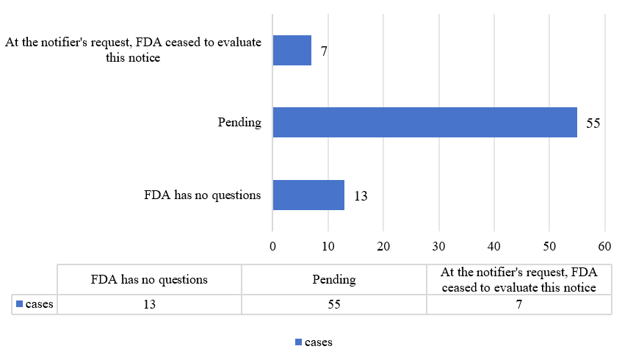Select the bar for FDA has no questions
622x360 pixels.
click(x=308, y=195)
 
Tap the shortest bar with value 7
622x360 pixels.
click(x=292, y=51)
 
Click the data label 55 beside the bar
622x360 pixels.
click(x=593, y=123)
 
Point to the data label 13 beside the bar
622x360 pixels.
click(x=360, y=196)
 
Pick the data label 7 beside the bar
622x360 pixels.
click(x=323, y=51)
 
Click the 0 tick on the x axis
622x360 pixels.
click(x=272, y=247)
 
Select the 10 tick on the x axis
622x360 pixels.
click(x=328, y=247)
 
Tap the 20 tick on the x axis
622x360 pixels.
click(x=383, y=247)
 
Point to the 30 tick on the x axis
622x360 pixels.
click(x=438, y=247)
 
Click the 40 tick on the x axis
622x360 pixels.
click(x=494, y=247)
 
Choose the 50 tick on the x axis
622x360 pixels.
click(x=549, y=247)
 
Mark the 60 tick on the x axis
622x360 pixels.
click(x=604, y=247)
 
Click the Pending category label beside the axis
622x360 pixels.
click(x=239, y=123)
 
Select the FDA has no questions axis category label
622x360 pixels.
click(x=202, y=195)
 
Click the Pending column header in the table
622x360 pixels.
click(x=333, y=280)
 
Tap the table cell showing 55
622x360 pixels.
click(x=333, y=304)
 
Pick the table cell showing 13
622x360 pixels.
click(x=149, y=304)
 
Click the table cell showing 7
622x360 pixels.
click(x=518, y=304)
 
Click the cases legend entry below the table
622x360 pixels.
click(x=314, y=342)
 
